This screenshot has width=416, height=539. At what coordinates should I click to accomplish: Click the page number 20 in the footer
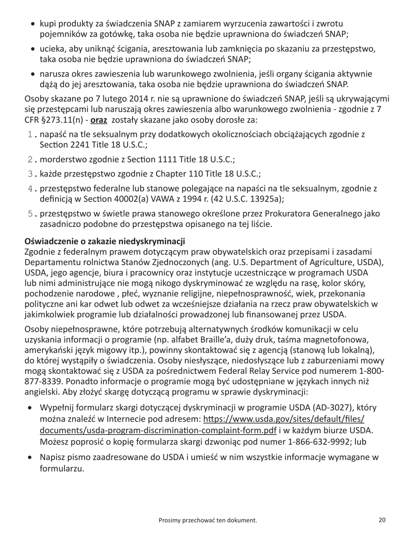point(382,520)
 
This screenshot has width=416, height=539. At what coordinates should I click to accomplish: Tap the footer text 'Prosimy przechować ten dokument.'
point(208,520)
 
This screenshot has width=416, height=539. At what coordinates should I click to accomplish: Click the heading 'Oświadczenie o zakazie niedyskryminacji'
point(105,241)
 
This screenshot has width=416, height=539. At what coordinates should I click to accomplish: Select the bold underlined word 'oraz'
point(99,120)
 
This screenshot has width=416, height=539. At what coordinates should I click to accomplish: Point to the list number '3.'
point(32,174)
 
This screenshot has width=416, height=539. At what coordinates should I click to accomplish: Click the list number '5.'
point(32,214)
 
